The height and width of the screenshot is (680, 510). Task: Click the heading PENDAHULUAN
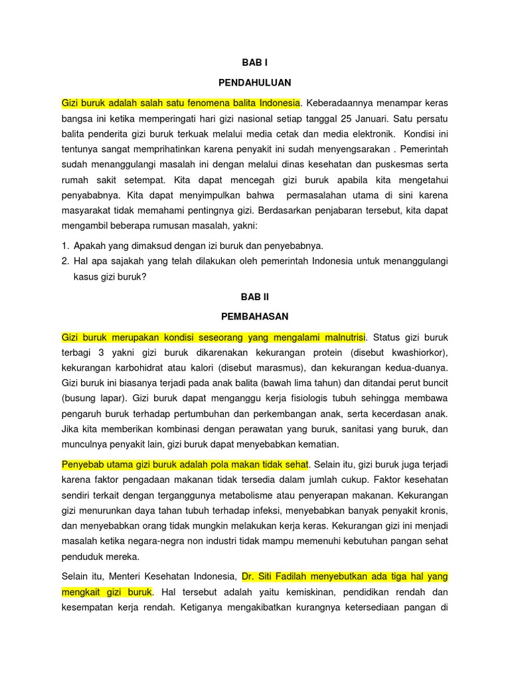pyautogui.click(x=255, y=82)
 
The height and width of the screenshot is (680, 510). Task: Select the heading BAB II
pyautogui.click(x=255, y=297)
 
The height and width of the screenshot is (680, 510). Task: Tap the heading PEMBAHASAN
pyautogui.click(x=255, y=316)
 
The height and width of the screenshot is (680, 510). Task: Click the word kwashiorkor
pyautogui.click(x=422, y=351)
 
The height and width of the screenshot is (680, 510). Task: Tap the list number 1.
pyautogui.click(x=64, y=245)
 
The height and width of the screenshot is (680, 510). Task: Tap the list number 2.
pyautogui.click(x=64, y=260)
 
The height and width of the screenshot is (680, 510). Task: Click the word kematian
pyautogui.click(x=316, y=444)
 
